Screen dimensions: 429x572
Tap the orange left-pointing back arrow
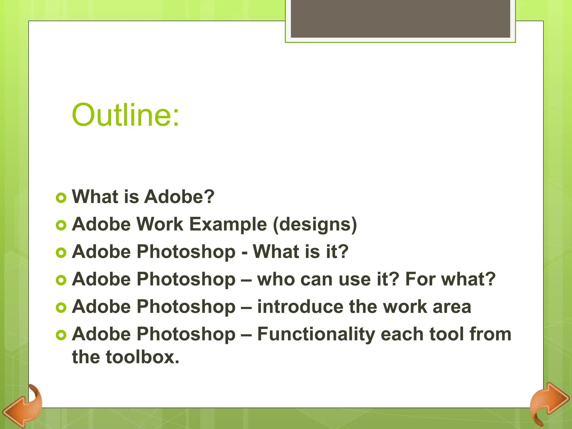click(x=22, y=406)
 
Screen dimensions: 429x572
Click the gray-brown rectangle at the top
click(x=400, y=18)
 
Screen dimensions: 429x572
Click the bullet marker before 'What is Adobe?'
click(x=61, y=198)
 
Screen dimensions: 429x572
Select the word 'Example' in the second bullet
click(x=228, y=224)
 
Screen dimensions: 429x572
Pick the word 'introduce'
click(x=300, y=307)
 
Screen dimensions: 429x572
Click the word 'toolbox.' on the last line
click(x=142, y=357)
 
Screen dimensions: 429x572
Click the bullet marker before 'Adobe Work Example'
click(x=61, y=225)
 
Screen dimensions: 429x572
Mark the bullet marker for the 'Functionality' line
click(x=61, y=335)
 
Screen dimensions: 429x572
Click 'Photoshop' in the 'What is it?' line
click(x=186, y=252)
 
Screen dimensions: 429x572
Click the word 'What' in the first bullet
click(x=95, y=197)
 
